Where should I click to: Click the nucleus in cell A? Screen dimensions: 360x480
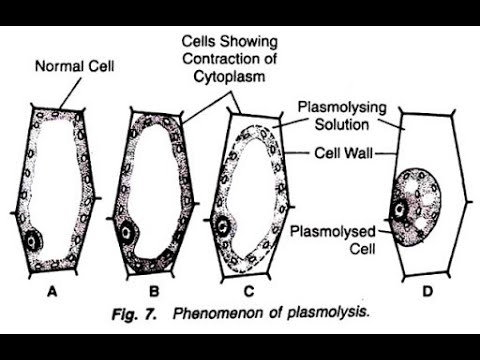(36, 241)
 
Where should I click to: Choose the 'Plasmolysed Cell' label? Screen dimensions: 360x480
(323, 241)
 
